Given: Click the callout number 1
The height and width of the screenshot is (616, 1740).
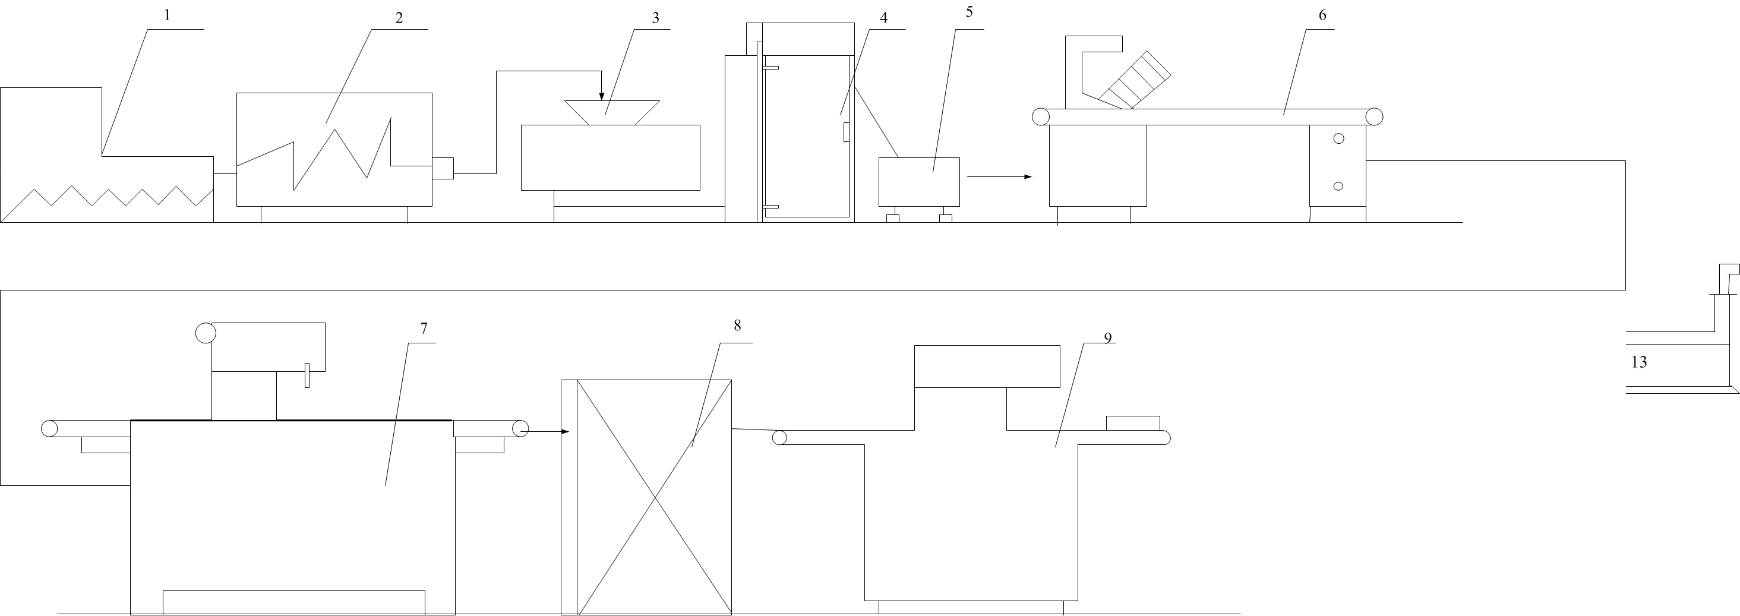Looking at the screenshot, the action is [x=168, y=15].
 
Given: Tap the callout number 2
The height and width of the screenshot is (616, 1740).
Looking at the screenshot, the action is [x=399, y=18].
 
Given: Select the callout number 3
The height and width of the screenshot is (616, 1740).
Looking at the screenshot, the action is [x=655, y=18].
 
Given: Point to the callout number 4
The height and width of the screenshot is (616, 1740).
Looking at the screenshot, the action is [x=883, y=18].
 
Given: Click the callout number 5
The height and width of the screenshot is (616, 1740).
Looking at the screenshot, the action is [x=970, y=12].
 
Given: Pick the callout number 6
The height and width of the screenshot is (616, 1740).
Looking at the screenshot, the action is [x=1322, y=15].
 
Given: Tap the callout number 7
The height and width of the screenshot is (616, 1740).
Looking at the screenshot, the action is [x=424, y=329].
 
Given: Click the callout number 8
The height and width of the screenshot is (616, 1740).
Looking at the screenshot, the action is [x=737, y=326].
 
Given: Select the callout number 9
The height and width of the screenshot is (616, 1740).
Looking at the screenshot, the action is [x=1108, y=338].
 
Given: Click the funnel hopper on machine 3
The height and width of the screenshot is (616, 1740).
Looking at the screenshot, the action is [x=612, y=113].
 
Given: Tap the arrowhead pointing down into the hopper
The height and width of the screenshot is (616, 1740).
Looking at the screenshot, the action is [x=602, y=97].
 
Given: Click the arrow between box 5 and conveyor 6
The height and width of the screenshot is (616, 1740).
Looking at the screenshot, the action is [x=1000, y=177].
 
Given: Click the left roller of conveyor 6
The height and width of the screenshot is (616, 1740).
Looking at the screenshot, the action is [x=1041, y=117].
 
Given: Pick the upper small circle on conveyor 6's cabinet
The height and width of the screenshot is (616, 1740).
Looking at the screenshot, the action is [x=1339, y=138].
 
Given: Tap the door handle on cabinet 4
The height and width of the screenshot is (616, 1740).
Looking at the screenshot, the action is [x=847, y=132].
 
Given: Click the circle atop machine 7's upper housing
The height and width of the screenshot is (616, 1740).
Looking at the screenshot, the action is [x=206, y=333].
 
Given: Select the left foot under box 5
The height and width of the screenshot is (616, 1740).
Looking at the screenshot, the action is [x=892, y=217].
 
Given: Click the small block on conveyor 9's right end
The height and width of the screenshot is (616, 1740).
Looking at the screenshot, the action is [x=1133, y=423].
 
